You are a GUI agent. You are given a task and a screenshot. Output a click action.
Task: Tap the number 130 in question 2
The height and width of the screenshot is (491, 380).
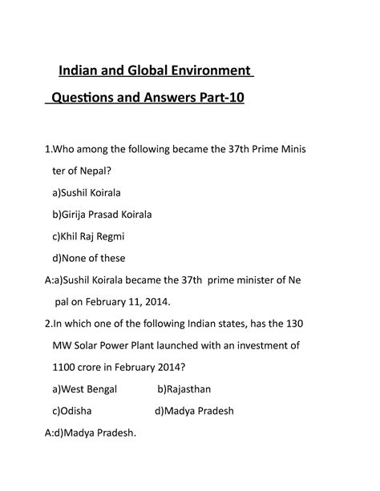(x=315, y=324)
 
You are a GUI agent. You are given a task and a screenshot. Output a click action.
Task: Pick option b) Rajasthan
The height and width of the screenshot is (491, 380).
(x=188, y=389)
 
